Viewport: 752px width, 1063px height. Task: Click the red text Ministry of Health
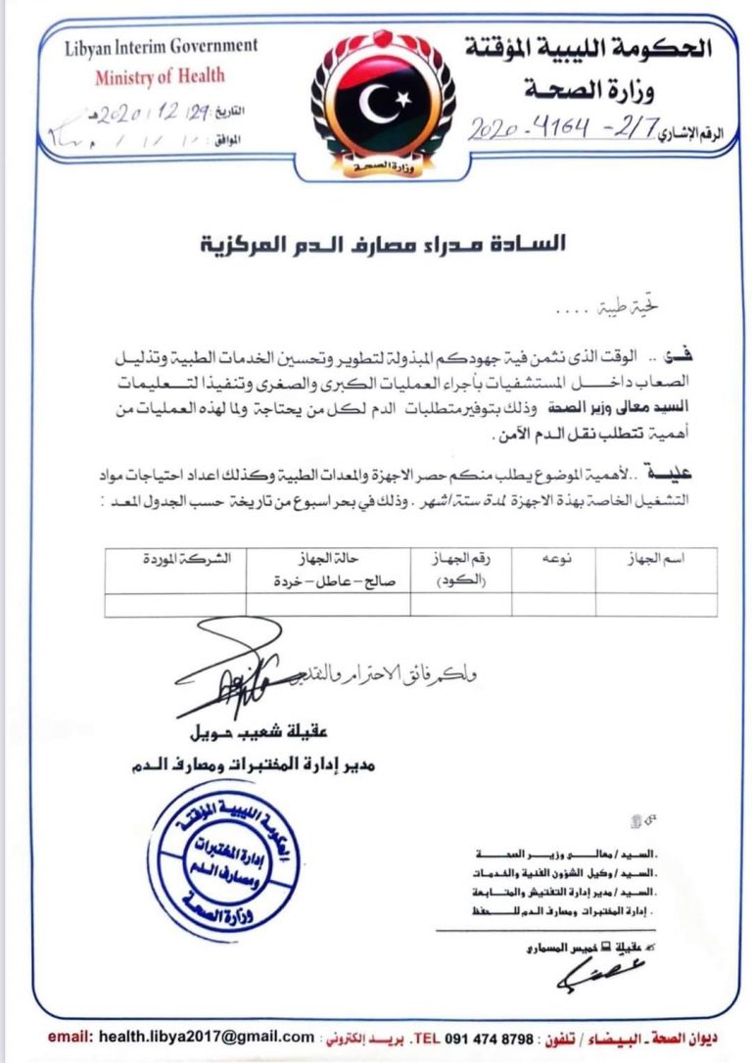[160, 76]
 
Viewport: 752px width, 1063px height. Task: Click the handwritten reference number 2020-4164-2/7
[568, 128]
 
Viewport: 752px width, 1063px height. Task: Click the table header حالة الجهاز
[328, 568]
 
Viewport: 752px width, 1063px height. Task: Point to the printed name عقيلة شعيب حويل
[231, 733]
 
